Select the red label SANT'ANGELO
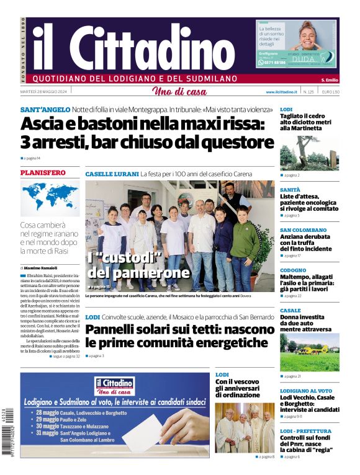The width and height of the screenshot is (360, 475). (43, 109)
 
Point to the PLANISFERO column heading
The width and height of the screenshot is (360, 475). (43, 172)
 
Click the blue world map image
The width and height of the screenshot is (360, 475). (50, 197)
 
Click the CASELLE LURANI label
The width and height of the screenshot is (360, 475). (111, 174)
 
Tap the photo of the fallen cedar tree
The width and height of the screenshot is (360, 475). (309, 153)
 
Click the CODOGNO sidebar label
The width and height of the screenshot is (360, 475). (293, 270)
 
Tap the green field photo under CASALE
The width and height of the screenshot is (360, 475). (309, 352)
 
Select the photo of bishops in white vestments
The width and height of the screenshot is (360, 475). (245, 427)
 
